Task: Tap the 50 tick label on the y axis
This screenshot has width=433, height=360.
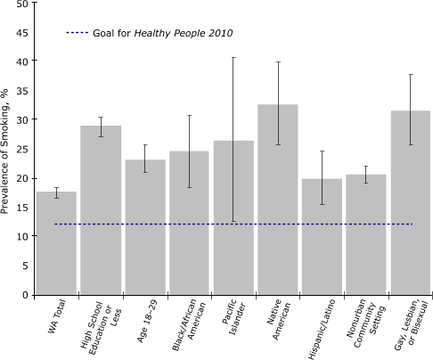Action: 21,4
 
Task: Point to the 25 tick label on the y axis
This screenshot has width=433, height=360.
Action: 21,149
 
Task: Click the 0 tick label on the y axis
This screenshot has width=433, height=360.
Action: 25,294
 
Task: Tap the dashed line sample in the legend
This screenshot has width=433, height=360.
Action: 78,33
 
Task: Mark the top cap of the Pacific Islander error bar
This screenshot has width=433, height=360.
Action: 233,58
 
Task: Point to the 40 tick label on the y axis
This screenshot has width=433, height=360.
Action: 21,61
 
